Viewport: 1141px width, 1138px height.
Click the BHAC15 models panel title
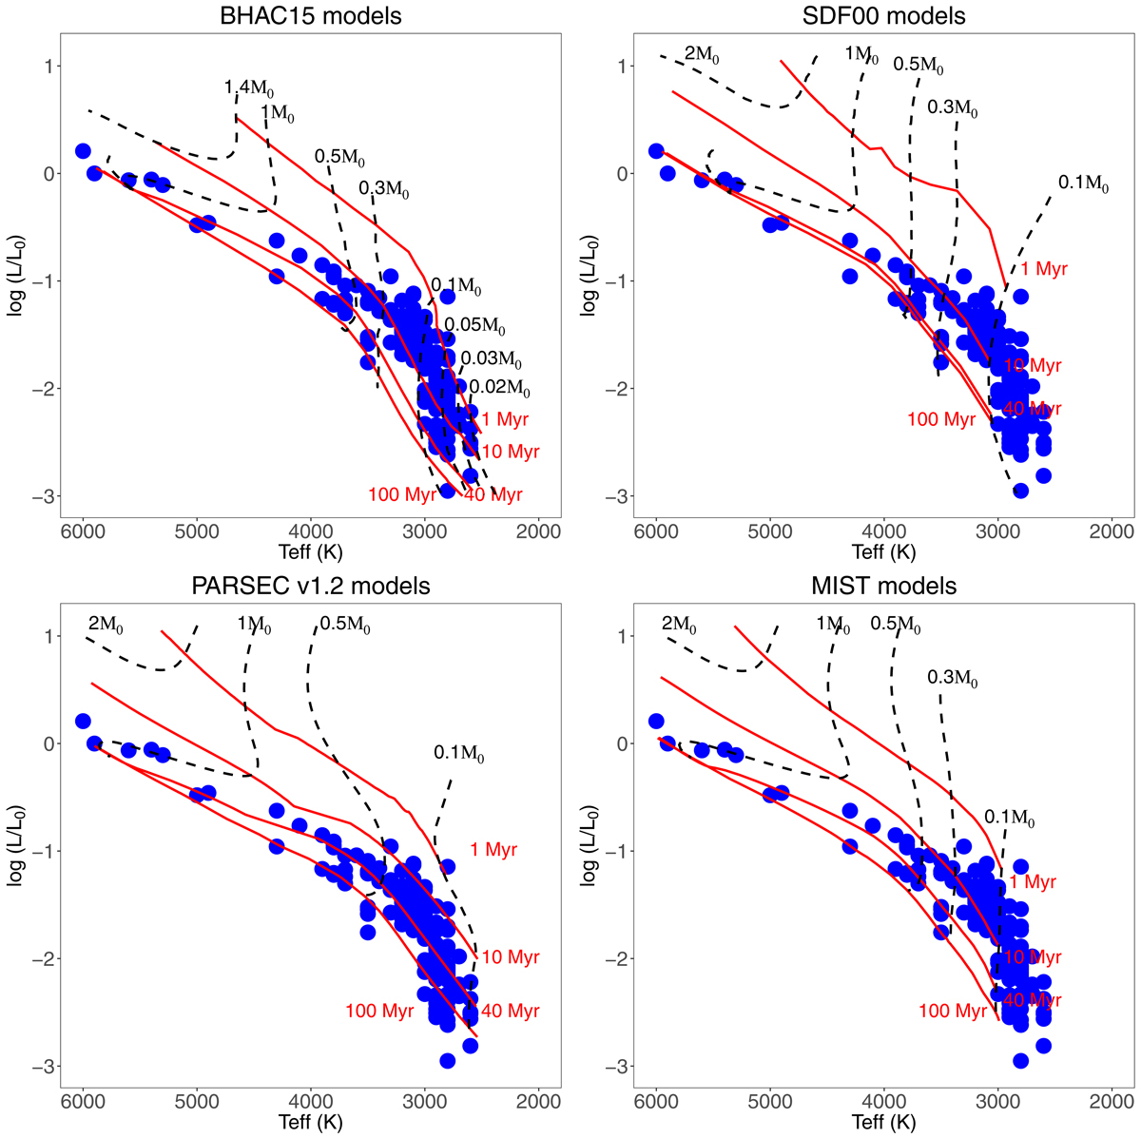[310, 16]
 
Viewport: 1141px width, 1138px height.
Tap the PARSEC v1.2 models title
[310, 586]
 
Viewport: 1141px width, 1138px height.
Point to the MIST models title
[884, 586]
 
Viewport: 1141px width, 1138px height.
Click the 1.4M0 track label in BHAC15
[249, 89]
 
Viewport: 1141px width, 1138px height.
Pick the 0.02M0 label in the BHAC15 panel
[499, 388]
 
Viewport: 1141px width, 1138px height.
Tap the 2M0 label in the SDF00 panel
[705, 54]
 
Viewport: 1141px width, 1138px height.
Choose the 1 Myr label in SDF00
[1044, 269]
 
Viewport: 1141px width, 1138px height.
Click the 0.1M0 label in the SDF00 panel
[1084, 183]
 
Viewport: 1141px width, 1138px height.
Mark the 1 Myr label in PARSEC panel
[493, 850]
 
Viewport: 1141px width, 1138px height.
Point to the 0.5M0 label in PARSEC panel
[345, 625]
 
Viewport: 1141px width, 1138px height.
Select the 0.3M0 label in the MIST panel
[952, 679]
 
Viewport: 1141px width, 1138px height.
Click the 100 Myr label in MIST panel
[953, 1012]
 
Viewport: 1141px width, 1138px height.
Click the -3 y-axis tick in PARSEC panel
[41, 1066]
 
